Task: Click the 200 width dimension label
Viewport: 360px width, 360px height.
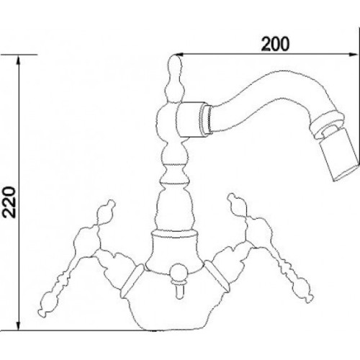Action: pyautogui.click(x=275, y=44)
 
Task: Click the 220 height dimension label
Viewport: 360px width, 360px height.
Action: pyautogui.click(x=9, y=202)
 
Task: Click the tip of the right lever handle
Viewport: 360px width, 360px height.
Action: pyautogui.click(x=309, y=298)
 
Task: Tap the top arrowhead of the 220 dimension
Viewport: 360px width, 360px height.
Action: pyautogui.click(x=18, y=60)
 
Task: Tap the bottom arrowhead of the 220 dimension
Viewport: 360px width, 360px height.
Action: pyautogui.click(x=18, y=325)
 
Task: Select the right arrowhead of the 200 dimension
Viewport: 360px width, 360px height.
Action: pyautogui.click(x=352, y=55)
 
